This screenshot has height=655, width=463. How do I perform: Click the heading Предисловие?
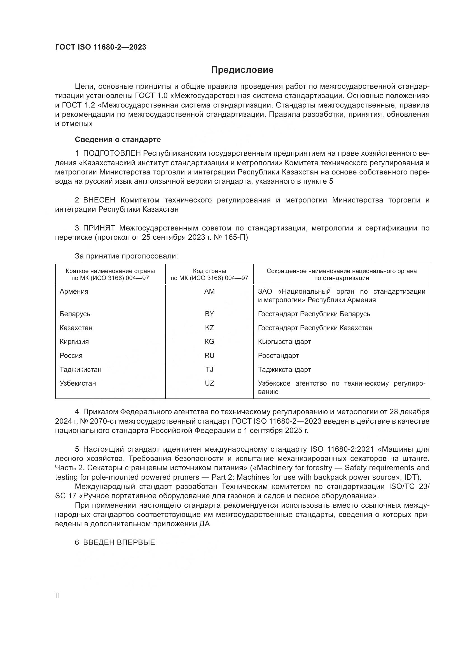click(242, 70)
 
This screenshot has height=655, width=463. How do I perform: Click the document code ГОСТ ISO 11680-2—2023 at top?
click(100, 47)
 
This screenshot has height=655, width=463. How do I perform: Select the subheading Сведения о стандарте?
click(118, 139)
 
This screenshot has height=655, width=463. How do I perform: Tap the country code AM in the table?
click(209, 292)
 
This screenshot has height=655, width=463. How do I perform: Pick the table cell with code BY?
click(209, 314)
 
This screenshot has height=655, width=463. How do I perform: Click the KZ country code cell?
click(209, 328)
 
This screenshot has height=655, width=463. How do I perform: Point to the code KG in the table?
click(209, 341)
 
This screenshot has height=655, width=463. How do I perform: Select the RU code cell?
click(209, 355)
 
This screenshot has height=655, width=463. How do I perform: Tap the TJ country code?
click(209, 369)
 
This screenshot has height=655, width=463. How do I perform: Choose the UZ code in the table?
click(209, 383)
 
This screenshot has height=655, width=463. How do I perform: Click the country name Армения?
click(74, 292)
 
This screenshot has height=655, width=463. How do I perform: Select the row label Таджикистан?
click(80, 369)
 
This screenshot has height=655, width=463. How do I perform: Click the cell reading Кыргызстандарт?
click(284, 341)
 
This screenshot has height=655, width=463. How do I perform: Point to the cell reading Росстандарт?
click(278, 355)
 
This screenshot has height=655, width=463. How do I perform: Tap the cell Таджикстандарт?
click(284, 369)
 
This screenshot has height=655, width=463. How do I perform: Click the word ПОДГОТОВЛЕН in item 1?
click(112, 153)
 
